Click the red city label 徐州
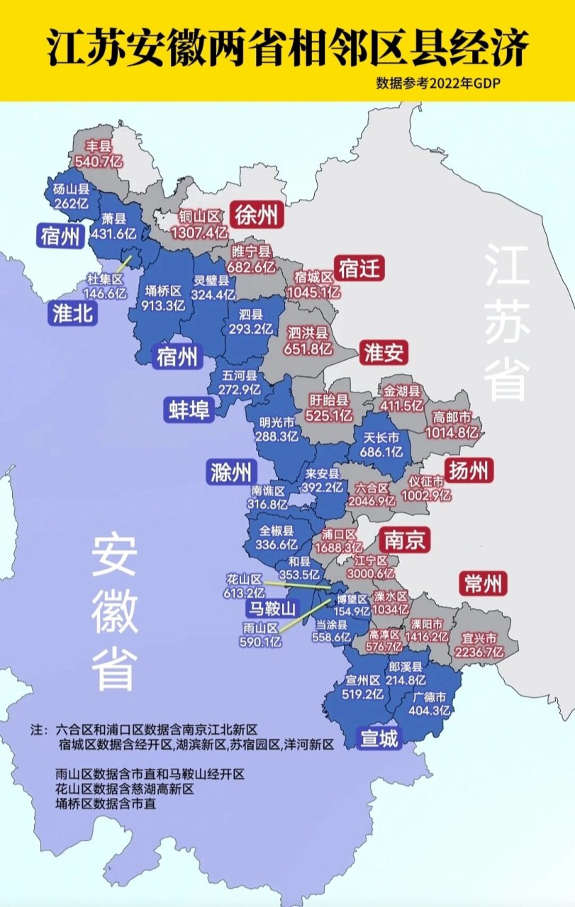(257, 215)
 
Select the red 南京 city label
(404, 541)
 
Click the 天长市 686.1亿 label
(383, 444)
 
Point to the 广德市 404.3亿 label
(430, 702)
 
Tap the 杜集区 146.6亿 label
(104, 286)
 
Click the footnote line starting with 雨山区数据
(150, 775)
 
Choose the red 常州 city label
(484, 584)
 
